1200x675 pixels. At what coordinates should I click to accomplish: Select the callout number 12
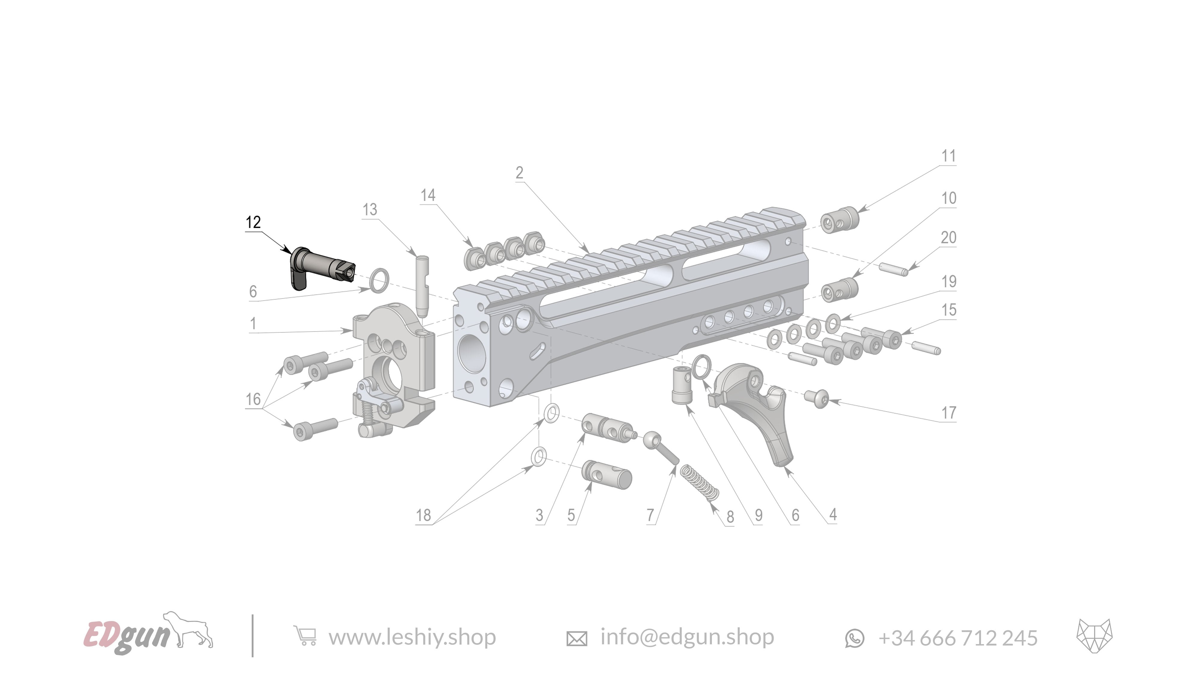253,222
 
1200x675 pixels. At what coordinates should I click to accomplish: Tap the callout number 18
423,515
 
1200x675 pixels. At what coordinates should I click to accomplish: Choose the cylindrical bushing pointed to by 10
839,291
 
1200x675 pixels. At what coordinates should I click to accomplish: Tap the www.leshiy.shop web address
412,637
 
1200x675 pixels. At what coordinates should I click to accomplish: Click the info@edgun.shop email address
687,637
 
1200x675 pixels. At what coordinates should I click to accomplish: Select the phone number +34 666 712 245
957,638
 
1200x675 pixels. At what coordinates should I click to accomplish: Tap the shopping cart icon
305,636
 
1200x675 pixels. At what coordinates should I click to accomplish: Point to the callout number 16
253,399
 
